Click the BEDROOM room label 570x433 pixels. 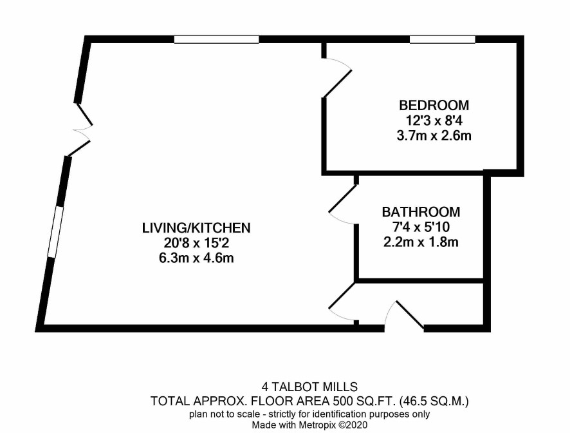point(434,105)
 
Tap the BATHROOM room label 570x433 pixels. point(421,212)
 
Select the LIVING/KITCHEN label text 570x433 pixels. point(196,228)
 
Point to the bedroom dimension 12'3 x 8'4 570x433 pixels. point(434,120)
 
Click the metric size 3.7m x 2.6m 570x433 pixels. point(434,136)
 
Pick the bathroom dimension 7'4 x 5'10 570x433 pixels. point(421,227)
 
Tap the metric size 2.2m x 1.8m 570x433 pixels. point(421,242)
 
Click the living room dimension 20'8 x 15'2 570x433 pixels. point(196,243)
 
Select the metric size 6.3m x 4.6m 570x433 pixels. point(196,258)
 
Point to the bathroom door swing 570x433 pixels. point(342,204)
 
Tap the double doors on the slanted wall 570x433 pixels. point(82,130)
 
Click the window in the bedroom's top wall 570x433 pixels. point(443,39)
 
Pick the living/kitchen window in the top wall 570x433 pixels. point(216,39)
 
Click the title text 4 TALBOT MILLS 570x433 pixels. point(309,387)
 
